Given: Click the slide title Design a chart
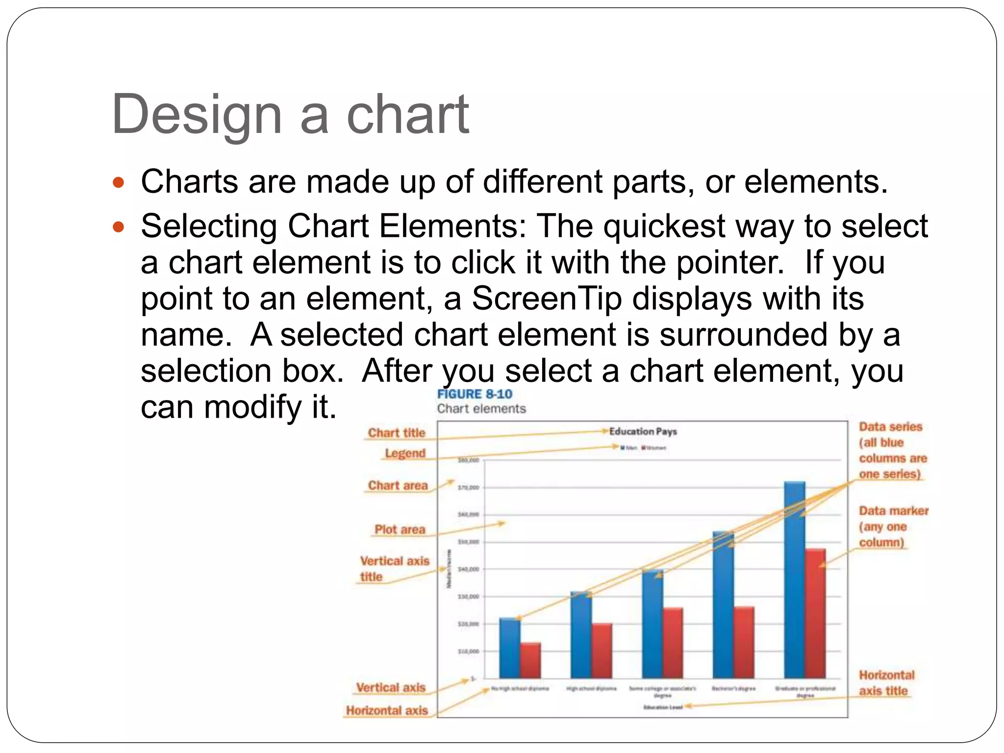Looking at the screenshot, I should tap(290, 115).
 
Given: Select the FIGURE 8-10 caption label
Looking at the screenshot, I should tap(474, 394).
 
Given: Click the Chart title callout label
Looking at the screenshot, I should tap(397, 433).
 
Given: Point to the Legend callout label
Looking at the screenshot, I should tap(405, 453).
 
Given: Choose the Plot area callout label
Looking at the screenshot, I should tap(400, 529).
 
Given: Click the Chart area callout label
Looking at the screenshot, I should tap(398, 485).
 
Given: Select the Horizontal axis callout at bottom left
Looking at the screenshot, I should tap(387, 710).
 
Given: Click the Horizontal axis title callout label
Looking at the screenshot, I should tap(886, 683).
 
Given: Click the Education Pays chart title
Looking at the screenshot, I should tap(643, 431).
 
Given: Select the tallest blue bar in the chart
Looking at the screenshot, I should tap(794, 578).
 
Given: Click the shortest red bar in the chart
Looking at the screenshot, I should tap(530, 660).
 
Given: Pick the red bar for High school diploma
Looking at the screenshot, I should tap(602, 651).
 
